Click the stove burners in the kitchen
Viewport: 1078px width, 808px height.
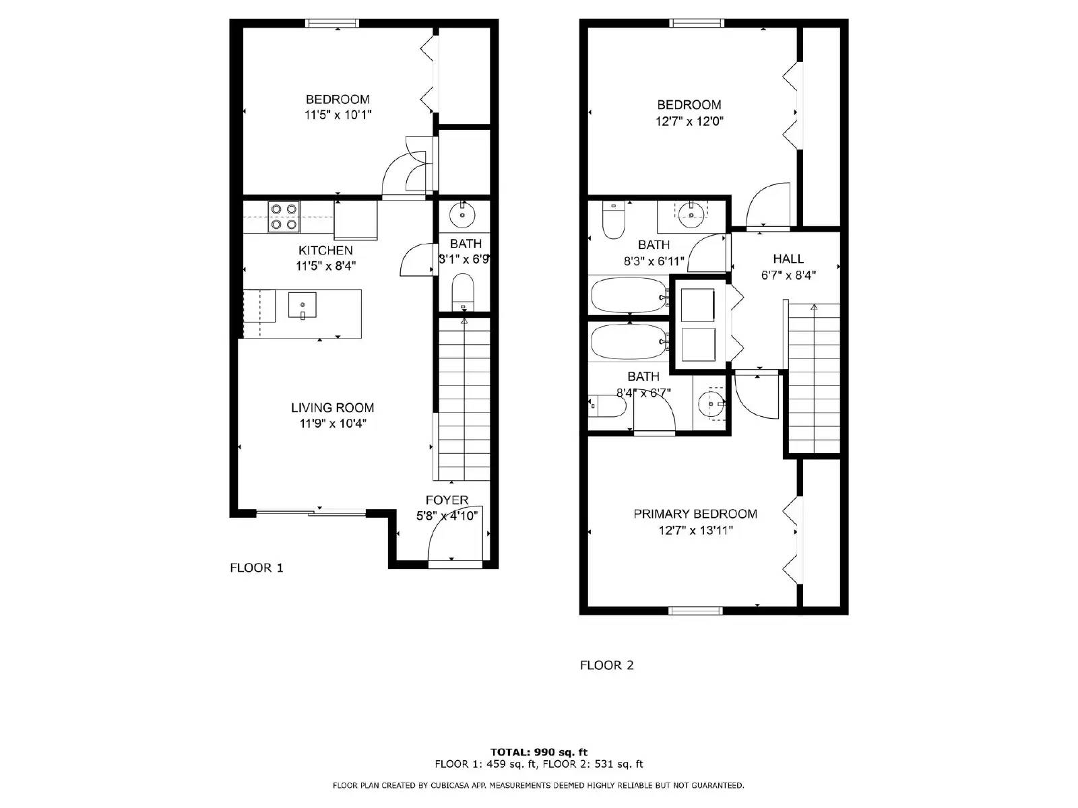click(x=284, y=217)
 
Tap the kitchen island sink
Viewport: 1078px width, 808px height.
click(x=302, y=305)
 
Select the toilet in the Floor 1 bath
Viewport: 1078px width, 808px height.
click(x=462, y=292)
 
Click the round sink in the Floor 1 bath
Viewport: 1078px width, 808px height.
click(x=462, y=214)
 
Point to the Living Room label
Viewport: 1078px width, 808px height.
click(x=332, y=407)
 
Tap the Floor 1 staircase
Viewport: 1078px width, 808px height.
click(x=464, y=399)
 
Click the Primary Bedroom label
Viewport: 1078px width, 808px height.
click(x=695, y=514)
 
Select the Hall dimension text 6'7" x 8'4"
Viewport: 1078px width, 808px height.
click(x=788, y=275)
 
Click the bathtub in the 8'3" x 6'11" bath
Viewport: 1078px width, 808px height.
click(x=629, y=295)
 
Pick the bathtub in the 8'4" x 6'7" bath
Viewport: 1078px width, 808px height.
click(x=629, y=342)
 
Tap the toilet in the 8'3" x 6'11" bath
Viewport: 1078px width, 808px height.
click(x=613, y=220)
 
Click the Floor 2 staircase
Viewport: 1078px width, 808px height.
click(x=814, y=378)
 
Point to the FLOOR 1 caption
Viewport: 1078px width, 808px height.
click(x=257, y=568)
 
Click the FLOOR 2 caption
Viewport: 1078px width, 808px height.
click(x=606, y=666)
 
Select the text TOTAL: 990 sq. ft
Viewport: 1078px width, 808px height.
click(x=539, y=752)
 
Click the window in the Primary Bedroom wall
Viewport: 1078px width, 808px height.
click(x=695, y=611)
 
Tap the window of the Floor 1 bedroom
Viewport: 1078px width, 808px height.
click(x=332, y=23)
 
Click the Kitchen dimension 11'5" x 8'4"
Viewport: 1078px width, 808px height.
click(x=325, y=267)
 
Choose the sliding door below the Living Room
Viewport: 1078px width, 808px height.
click(x=311, y=514)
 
